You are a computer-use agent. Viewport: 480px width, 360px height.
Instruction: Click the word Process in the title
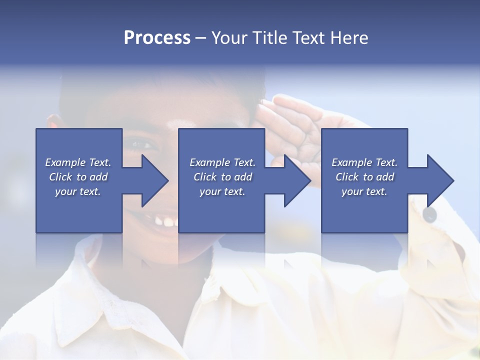[x=157, y=38]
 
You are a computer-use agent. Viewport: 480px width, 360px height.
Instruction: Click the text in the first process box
[x=78, y=177]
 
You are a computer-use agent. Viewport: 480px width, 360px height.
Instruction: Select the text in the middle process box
[x=222, y=177]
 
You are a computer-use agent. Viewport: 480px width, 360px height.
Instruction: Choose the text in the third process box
[x=364, y=177]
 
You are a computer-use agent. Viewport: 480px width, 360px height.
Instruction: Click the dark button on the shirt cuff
[x=429, y=214]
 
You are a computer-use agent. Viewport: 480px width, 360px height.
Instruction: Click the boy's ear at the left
[x=52, y=122]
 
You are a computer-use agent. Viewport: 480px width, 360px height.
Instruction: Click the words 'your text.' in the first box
[x=78, y=191]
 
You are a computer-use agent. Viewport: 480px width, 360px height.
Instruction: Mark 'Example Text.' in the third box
[x=364, y=162]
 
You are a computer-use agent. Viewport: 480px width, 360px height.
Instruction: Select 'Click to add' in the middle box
[x=222, y=177]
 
